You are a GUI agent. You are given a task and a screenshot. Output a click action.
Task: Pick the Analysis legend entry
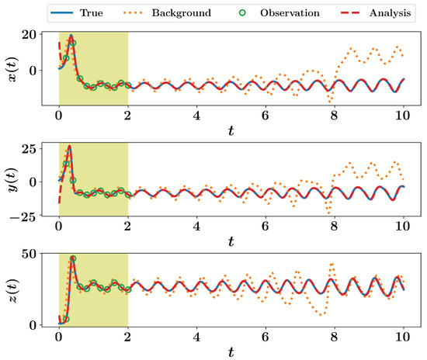[376, 13]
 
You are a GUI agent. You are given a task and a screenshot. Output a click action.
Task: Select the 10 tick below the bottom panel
[403, 337]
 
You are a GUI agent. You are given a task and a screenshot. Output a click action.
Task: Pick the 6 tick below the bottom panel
[266, 337]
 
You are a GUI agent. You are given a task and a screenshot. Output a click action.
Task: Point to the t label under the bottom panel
[231, 351]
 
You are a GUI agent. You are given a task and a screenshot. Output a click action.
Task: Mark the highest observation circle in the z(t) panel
[73, 259]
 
